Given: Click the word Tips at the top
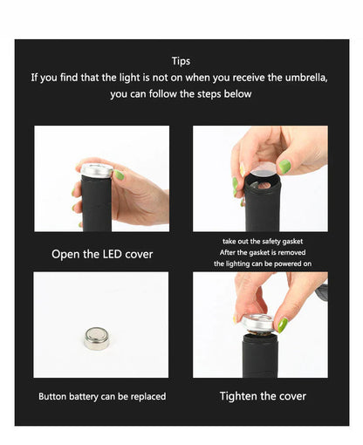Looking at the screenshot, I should point(181,61).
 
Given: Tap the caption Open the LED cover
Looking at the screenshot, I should point(102,254).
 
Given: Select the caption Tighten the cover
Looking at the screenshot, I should point(263,396).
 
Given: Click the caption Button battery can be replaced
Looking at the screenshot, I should point(102,396).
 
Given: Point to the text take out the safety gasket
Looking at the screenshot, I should point(262,240).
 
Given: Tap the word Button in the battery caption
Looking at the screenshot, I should point(54,396).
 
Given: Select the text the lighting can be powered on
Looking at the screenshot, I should point(262,263).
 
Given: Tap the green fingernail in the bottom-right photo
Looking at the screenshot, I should point(283,324).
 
